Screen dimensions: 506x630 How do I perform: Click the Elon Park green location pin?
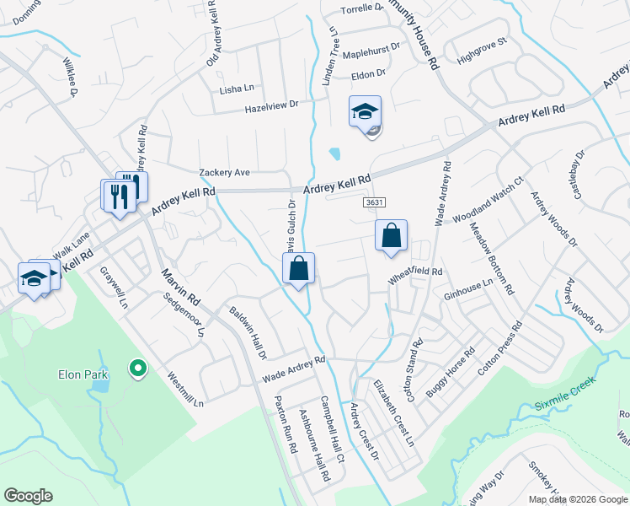coord(136,368)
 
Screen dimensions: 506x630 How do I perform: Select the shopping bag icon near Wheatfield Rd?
coord(391,237)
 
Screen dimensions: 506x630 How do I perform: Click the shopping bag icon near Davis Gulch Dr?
coord(298,269)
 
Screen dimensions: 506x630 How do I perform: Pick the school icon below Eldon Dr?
coord(365,112)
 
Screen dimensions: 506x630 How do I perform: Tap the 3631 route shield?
coord(376,202)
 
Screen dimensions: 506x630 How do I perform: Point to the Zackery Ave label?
coord(225,172)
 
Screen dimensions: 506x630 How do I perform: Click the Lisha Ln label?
coord(237,89)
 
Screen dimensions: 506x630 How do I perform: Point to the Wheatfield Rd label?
coord(414,272)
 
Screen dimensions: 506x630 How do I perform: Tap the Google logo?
coord(28,496)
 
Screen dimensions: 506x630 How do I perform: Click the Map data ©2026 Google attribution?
coord(578,499)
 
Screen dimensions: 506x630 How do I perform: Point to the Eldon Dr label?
coord(369,73)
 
